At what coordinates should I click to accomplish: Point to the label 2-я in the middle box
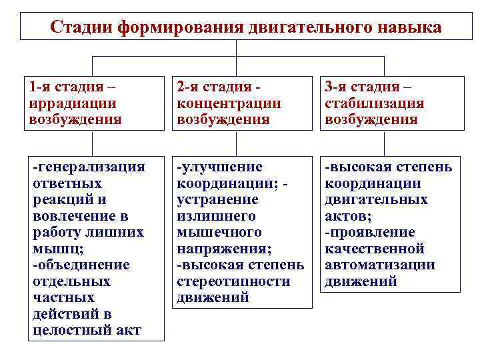tap(188, 87)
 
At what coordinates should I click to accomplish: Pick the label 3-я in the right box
tap(337, 87)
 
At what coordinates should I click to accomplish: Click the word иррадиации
tap(73, 103)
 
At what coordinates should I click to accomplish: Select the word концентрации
tap(229, 103)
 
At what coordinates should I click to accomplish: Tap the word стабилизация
tap(374, 103)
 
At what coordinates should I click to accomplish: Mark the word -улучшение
tap(219, 167)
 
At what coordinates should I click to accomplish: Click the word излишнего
tap(216, 216)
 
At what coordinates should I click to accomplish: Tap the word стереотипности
tap(233, 281)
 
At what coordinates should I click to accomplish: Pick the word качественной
tap(374, 249)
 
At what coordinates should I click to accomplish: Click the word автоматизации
tap(379, 265)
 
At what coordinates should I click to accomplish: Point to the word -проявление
tap(369, 232)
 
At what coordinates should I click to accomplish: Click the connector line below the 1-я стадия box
tap(92, 143)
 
